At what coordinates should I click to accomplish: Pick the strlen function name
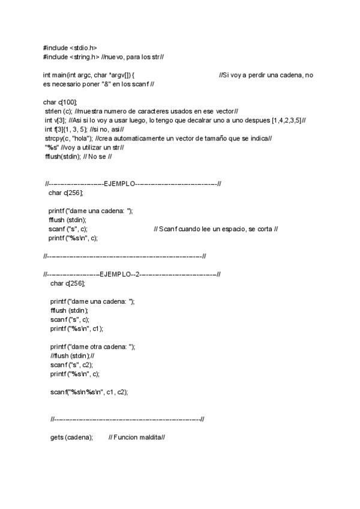click(x=53, y=111)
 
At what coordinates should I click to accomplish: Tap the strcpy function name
click(x=54, y=138)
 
